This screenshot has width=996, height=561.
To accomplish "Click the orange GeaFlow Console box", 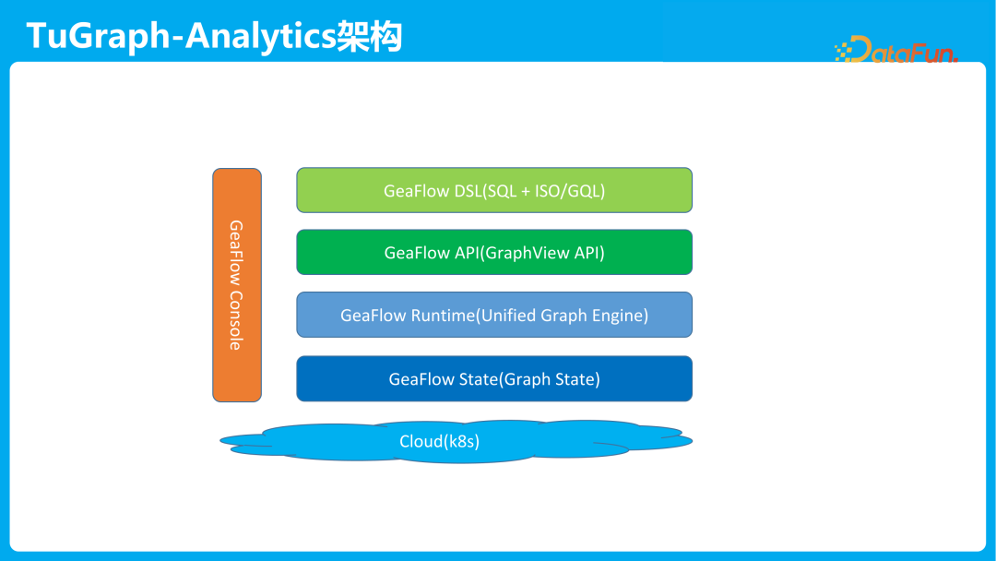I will (237, 284).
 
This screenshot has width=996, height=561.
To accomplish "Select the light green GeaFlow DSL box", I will (494, 190).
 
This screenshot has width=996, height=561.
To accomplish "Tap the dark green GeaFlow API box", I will (494, 252).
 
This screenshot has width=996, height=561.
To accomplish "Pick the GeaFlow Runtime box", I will (494, 315).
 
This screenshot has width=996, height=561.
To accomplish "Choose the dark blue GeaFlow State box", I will (494, 378).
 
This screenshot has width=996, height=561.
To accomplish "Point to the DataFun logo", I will (896, 50).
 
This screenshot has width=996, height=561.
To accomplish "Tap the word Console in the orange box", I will (236, 320).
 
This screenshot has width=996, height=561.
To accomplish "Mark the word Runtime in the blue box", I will (442, 316).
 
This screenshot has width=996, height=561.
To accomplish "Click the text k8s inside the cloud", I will (461, 441).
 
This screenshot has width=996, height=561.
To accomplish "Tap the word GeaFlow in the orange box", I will (236, 252).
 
